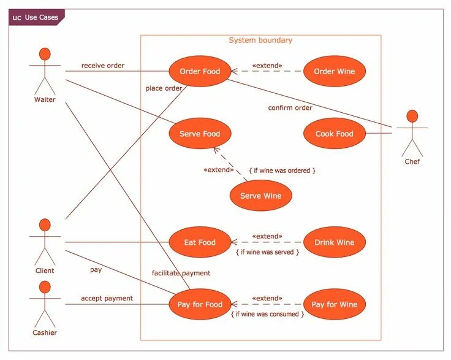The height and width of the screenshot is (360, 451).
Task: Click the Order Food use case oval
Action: (200, 72)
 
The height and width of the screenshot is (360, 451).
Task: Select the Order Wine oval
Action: (334, 72)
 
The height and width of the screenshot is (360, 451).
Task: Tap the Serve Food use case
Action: (200, 134)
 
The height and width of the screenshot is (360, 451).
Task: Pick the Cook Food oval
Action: (334, 134)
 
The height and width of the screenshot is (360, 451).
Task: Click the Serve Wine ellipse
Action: (260, 196)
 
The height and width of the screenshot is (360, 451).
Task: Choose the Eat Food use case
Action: (200, 243)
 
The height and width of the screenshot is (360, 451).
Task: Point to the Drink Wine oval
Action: (334, 243)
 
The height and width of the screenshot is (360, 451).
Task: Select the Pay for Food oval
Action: (200, 305)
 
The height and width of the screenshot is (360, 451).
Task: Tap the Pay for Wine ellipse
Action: (334, 305)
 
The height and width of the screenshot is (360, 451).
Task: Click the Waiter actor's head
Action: (44, 53)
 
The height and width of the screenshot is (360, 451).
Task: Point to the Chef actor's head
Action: (412, 116)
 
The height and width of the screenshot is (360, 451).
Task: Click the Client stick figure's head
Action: (44, 224)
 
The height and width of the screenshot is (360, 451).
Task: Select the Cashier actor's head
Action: (44, 286)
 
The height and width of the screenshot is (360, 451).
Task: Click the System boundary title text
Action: (260, 40)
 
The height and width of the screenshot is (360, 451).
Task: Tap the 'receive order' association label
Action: (103, 66)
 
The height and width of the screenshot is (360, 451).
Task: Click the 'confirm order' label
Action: (290, 108)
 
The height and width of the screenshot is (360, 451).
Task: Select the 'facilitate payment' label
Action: (181, 273)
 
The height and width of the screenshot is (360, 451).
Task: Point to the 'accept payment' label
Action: (107, 299)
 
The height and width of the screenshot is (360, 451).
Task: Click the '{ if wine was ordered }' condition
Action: (282, 170)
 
